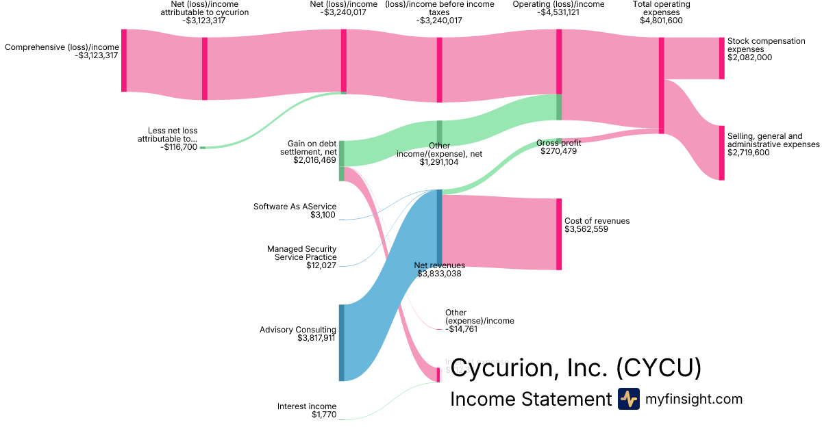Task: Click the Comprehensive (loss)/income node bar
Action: [x=124, y=60]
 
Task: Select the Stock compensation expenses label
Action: [x=766, y=45]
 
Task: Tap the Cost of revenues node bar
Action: [x=559, y=234]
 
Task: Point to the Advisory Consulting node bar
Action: [x=342, y=343]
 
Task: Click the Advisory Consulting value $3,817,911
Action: [x=316, y=338]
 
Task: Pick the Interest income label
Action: [x=306, y=406]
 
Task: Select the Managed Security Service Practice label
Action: [x=302, y=253]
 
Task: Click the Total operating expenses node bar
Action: [x=661, y=85]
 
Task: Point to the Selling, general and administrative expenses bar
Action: [x=721, y=153]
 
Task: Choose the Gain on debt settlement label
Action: [x=312, y=148]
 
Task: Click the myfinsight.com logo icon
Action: [x=628, y=399]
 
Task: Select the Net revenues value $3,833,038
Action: [x=439, y=274]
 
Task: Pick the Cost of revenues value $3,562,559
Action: [x=586, y=229]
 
